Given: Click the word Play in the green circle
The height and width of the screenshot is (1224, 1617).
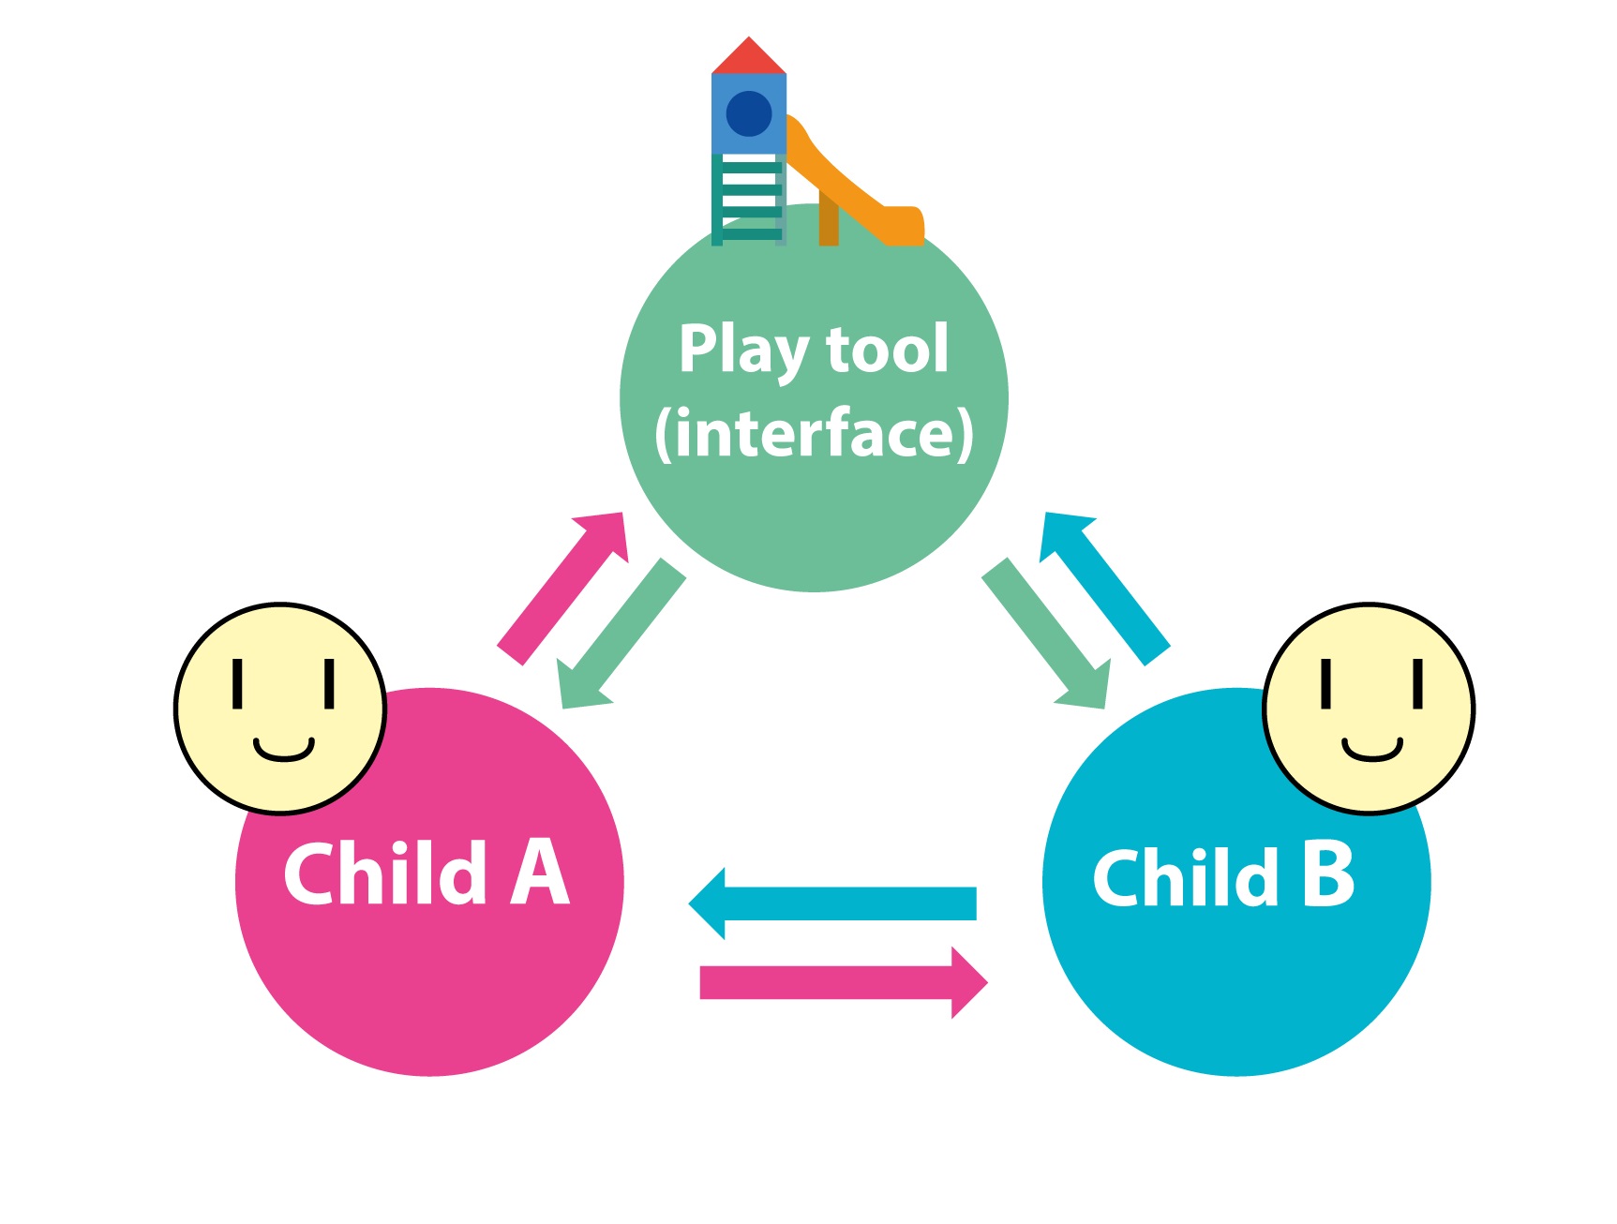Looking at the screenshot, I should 742,351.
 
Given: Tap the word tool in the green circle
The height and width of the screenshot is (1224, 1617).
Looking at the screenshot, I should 887,349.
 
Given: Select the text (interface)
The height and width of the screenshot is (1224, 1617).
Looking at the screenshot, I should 814,433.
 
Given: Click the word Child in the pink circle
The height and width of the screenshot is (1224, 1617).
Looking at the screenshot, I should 385,873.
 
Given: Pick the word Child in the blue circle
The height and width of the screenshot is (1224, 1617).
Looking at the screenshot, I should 1186,877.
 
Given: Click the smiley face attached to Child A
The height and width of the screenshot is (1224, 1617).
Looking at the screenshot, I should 280,709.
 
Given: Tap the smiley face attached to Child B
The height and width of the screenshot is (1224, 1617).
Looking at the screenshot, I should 1369,709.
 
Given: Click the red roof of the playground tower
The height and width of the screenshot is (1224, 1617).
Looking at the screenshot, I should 748,58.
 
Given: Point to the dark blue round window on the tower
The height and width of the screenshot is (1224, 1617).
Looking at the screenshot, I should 748,113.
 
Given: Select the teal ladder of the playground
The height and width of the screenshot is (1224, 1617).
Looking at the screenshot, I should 747,199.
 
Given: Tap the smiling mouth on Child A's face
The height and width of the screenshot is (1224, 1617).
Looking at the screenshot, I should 283,751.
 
